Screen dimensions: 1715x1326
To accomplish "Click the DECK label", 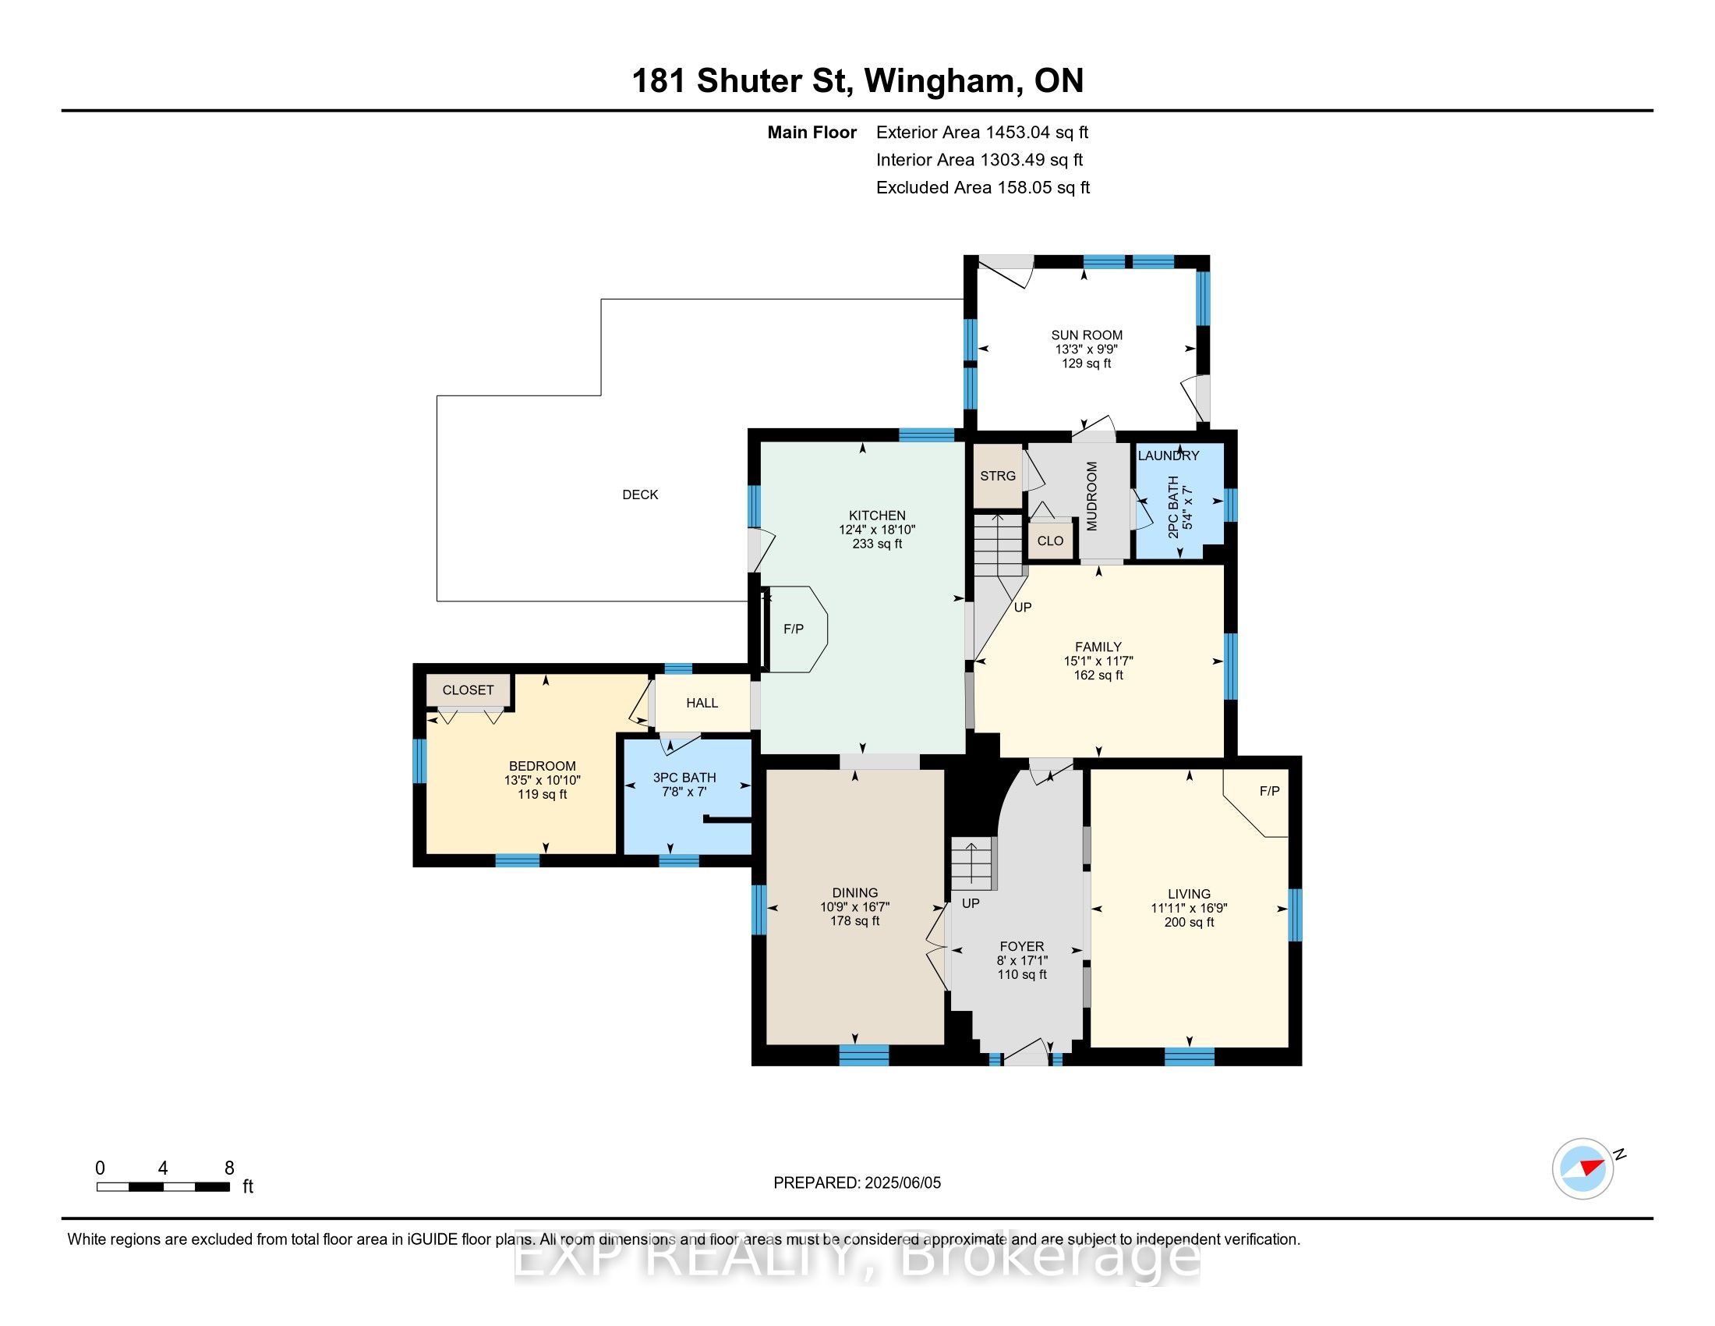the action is [x=640, y=495].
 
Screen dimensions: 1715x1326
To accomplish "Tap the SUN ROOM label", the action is [x=1087, y=335].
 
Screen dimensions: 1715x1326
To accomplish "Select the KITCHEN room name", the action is [x=877, y=516].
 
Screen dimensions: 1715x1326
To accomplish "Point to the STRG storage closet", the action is [x=998, y=476].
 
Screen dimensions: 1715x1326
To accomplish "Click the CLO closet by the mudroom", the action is [x=1051, y=541].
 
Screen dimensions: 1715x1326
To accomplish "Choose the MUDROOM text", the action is [x=1091, y=496].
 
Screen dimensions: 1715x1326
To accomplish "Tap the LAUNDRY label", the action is [x=1169, y=456].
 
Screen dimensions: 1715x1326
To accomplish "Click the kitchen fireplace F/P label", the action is [x=793, y=629].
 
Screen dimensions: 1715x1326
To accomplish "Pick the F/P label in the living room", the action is [x=1270, y=791].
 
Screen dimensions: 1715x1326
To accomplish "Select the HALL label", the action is [x=702, y=703].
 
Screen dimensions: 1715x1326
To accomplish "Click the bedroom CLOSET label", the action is [x=468, y=690].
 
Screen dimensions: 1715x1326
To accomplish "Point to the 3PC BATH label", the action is [x=684, y=778].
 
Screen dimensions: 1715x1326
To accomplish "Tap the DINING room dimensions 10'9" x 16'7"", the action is [x=855, y=906].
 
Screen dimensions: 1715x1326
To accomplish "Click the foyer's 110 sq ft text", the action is [x=1022, y=975].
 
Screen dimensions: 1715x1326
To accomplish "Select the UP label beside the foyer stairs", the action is [x=971, y=903].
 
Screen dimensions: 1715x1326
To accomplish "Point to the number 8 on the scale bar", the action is [x=229, y=1168].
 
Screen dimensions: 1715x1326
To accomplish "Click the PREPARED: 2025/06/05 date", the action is [x=857, y=1183].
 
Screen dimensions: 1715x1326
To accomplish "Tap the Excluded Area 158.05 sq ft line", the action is [x=983, y=188].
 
